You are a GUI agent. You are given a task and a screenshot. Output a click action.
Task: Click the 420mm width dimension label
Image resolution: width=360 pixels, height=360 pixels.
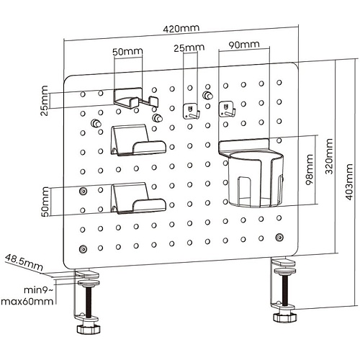(181, 29)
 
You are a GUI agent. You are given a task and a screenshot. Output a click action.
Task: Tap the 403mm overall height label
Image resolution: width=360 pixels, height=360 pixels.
(348, 182)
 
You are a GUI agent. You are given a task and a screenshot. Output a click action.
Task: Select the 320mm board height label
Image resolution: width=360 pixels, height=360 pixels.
(328, 156)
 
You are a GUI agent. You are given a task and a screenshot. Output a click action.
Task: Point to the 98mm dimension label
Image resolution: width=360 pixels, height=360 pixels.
(310, 169)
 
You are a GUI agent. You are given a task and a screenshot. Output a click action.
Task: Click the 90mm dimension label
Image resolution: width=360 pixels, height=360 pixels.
(244, 45)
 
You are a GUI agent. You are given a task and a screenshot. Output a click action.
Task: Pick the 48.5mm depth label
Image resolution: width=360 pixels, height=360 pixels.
(24, 262)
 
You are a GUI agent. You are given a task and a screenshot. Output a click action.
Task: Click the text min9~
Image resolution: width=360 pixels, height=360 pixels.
(38, 290)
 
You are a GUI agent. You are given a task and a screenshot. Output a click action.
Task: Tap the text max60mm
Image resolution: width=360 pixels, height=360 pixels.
(27, 302)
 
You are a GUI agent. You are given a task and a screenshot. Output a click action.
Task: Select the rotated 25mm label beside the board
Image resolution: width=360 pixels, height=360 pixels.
(44, 101)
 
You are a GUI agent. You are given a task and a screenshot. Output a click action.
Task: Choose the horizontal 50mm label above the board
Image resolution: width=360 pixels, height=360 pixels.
(127, 51)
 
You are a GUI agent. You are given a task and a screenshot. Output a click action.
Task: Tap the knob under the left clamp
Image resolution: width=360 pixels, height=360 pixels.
(88, 329)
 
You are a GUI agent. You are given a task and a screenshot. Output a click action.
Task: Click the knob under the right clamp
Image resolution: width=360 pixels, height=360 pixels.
(284, 318)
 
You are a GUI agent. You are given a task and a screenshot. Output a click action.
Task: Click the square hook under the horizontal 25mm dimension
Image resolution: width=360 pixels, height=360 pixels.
(192, 111)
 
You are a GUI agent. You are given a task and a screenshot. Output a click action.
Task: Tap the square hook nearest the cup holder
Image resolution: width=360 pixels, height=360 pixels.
(227, 109)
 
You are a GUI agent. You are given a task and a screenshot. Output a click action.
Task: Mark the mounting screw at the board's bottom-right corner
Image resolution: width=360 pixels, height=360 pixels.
(279, 238)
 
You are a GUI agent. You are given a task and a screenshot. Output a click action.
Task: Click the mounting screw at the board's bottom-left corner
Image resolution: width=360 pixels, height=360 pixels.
(83, 249)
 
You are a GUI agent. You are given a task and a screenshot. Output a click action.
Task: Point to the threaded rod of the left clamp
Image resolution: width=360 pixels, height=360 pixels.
(89, 302)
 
